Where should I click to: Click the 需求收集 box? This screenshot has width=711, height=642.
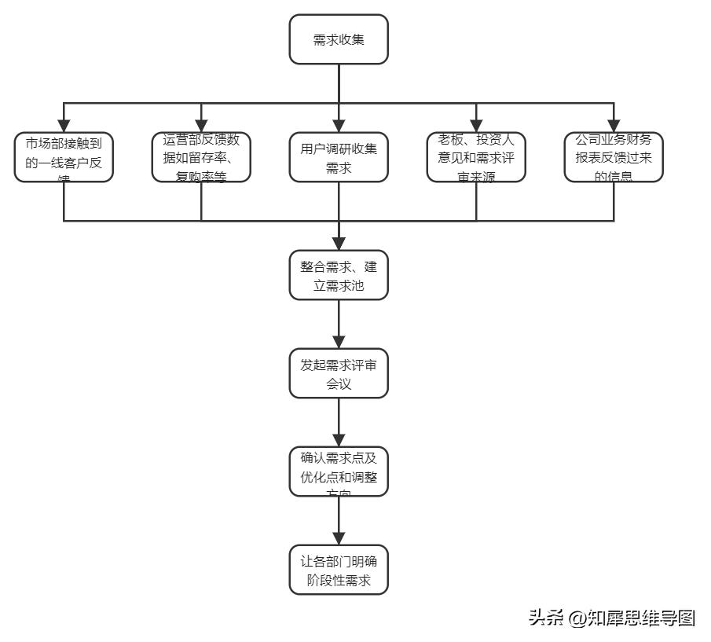339,39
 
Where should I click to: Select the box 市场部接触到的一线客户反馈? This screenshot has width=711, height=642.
64,157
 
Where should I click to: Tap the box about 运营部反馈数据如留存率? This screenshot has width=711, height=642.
201,157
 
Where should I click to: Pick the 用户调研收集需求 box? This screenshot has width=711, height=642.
339,157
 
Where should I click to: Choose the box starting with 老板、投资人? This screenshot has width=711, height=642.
476,157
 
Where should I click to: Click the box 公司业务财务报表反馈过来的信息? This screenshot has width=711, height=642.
614,157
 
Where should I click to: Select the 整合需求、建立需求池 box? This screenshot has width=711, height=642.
339,275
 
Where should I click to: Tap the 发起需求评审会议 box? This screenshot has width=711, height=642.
339,374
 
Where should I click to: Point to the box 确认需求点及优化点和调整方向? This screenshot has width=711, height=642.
339,471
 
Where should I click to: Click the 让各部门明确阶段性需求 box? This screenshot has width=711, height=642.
339,570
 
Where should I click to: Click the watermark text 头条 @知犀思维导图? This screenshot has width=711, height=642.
612,618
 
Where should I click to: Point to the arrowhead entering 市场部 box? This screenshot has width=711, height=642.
64,126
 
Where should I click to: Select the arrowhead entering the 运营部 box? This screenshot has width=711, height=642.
201,126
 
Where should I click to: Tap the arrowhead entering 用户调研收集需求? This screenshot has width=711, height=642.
339,126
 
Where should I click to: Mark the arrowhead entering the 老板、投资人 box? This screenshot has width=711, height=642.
476,126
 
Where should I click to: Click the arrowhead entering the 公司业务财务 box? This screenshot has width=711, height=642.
614,126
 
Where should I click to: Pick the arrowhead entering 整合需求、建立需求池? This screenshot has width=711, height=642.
339,244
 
